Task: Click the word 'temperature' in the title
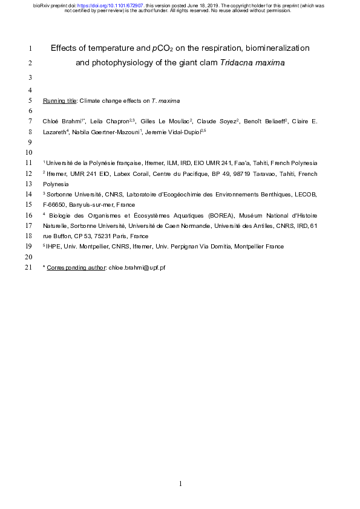(x=116, y=47)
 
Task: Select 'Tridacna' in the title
(x=238, y=63)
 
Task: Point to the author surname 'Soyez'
(x=212, y=122)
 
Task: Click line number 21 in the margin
(x=30, y=267)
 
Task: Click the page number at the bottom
(x=180, y=484)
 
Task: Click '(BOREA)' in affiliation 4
(x=220, y=215)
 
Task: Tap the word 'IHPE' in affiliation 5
(x=54, y=246)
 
